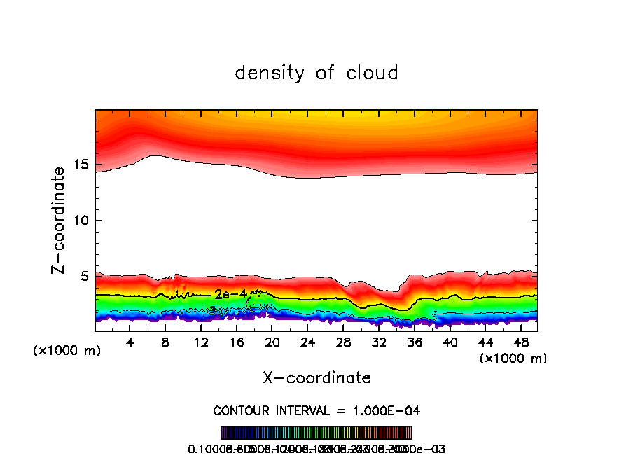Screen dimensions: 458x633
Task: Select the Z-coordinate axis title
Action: (60, 220)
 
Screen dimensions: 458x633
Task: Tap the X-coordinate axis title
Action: (316, 378)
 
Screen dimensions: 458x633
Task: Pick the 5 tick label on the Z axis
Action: (83, 277)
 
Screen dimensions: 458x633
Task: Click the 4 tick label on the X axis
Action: (130, 342)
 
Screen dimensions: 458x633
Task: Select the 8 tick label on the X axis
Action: (166, 342)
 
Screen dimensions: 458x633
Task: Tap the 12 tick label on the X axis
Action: (201, 342)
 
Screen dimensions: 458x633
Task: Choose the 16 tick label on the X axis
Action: (237, 342)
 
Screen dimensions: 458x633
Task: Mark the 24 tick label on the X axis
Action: (307, 342)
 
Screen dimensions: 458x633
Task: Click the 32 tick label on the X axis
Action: (379, 342)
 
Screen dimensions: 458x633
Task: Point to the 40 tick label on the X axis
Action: (450, 342)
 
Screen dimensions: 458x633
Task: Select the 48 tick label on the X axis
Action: (520, 342)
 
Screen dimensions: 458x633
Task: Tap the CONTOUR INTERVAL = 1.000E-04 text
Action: (316, 410)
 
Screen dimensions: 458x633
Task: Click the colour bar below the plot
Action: (316, 432)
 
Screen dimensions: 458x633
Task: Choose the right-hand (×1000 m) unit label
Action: (513, 359)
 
